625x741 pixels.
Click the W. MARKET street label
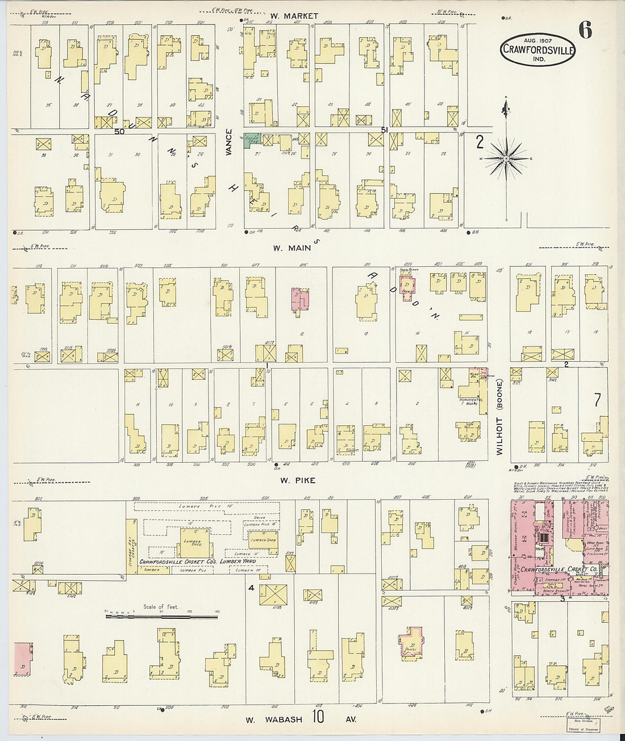(294, 16)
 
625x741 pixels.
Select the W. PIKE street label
(297, 480)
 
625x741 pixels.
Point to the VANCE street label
(229, 143)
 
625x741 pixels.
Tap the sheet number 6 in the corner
(586, 30)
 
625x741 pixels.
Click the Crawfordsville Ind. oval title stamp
(538, 49)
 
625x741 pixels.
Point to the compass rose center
(506, 160)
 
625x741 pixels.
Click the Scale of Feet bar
(161, 615)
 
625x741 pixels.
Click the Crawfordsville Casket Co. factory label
(559, 569)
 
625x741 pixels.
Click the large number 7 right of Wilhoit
(597, 400)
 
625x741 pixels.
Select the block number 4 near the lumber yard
(251, 588)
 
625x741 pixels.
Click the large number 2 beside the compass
(480, 141)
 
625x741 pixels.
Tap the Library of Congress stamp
(582, 725)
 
